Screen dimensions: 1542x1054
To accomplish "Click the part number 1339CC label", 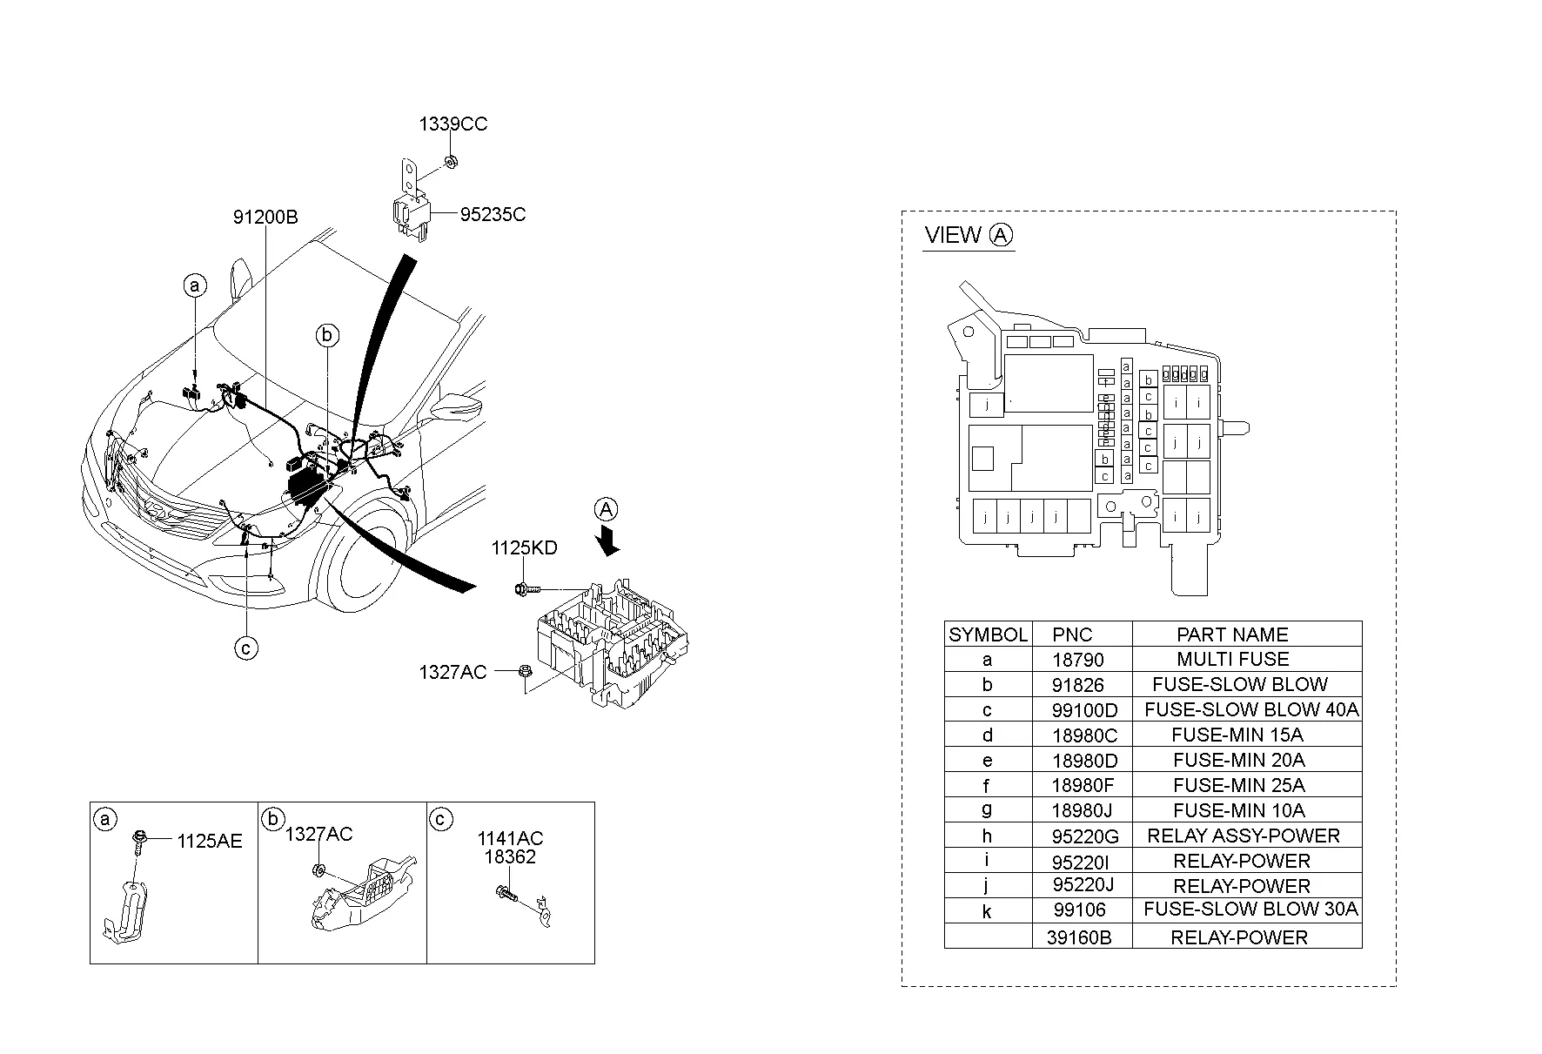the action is coord(453,124).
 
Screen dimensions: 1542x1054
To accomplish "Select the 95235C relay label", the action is coord(493,214).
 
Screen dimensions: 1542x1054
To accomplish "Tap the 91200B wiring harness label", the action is coord(265,217).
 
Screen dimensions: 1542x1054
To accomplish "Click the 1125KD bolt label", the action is coord(524,548).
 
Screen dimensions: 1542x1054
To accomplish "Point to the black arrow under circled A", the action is coord(610,541).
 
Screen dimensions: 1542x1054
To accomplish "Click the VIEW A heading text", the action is coord(969,235).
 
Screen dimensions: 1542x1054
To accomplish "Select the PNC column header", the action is coord(1072,634).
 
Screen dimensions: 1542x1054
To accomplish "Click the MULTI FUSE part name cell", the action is coord(1232,659).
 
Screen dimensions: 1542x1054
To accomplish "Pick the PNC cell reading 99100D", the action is coord(1084,710).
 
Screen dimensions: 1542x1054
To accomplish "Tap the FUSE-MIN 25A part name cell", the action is coord(1238,785).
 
